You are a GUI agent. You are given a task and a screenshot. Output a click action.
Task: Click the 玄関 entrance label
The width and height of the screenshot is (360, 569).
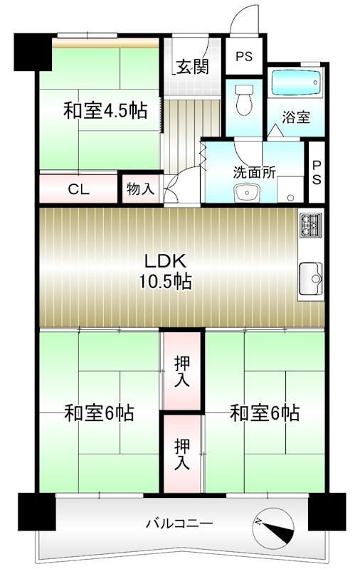tap(192, 66)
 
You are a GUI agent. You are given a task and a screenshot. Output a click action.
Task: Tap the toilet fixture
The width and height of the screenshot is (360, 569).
tap(243, 99)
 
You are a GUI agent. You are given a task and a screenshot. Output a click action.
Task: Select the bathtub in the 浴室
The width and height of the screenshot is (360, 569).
tap(296, 83)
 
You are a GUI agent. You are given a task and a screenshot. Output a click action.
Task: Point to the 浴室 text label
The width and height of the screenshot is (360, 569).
tap(296, 117)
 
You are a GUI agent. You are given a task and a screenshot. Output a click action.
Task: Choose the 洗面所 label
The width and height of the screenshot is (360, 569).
tap(254, 172)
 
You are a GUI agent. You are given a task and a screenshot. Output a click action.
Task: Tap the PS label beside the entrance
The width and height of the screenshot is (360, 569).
tap(244, 57)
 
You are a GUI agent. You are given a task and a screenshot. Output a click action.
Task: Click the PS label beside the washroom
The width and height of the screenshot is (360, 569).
tap(317, 173)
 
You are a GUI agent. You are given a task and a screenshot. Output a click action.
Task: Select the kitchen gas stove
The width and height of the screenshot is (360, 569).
tap(311, 225)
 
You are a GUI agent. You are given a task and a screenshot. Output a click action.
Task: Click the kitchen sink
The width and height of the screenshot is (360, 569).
tap(311, 279)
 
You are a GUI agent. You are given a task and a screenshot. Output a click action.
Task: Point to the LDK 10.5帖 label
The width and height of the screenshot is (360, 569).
tap(166, 271)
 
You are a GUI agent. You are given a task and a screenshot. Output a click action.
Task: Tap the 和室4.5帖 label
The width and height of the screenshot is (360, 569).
tap(105, 110)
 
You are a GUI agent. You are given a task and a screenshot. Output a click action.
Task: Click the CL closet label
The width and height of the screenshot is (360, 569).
tap(79, 189)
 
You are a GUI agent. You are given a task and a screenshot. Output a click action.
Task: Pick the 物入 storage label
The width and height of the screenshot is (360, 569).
tap(140, 188)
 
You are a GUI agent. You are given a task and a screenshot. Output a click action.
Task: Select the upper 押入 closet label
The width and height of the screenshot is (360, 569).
tap(182, 371)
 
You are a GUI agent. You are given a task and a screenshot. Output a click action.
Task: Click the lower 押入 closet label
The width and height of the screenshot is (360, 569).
tap(182, 454)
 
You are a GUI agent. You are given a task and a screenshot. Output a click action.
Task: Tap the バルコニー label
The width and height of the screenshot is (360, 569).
tap(179, 523)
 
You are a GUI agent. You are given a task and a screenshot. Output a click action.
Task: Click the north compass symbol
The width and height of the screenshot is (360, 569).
tap(274, 526)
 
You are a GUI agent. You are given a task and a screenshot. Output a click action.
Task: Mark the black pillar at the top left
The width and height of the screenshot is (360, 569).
tap(32, 52)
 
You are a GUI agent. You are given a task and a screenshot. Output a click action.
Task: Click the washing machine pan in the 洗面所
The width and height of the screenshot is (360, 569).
tap(290, 189)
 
